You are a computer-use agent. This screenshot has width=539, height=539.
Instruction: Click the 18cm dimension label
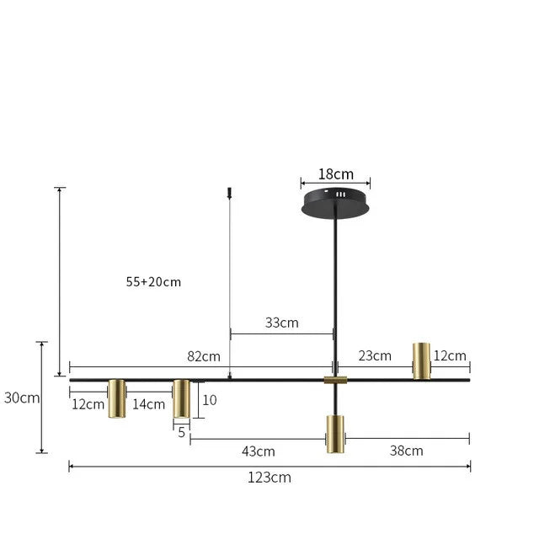[x=335, y=174]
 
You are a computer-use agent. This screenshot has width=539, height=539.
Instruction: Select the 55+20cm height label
[x=153, y=282]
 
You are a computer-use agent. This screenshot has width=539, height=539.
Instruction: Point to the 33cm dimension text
[x=281, y=323]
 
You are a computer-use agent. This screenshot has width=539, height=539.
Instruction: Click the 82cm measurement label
[x=204, y=356]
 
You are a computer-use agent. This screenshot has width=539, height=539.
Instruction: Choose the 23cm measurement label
[x=375, y=355]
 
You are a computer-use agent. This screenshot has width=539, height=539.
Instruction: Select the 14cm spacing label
[x=149, y=404]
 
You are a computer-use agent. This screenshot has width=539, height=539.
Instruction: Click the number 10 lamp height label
[x=210, y=400]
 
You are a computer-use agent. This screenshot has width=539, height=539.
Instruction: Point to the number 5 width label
[x=181, y=432]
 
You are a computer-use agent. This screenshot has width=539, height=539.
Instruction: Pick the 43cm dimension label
[x=259, y=451]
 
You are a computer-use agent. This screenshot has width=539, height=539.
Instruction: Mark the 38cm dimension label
[x=406, y=451]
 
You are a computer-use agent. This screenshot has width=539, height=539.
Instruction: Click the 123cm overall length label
[x=269, y=478]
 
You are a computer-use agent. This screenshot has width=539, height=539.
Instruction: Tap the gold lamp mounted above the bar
[x=421, y=360]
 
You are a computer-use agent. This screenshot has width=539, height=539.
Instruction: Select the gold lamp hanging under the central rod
[x=335, y=434]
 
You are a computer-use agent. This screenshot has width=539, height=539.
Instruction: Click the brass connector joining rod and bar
[x=335, y=380]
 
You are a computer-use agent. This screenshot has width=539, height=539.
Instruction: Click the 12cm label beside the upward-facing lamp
[x=450, y=356]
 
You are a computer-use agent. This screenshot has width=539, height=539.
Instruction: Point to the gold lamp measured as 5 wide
[x=181, y=398]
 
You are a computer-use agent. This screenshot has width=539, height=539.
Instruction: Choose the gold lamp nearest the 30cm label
[x=117, y=398]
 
